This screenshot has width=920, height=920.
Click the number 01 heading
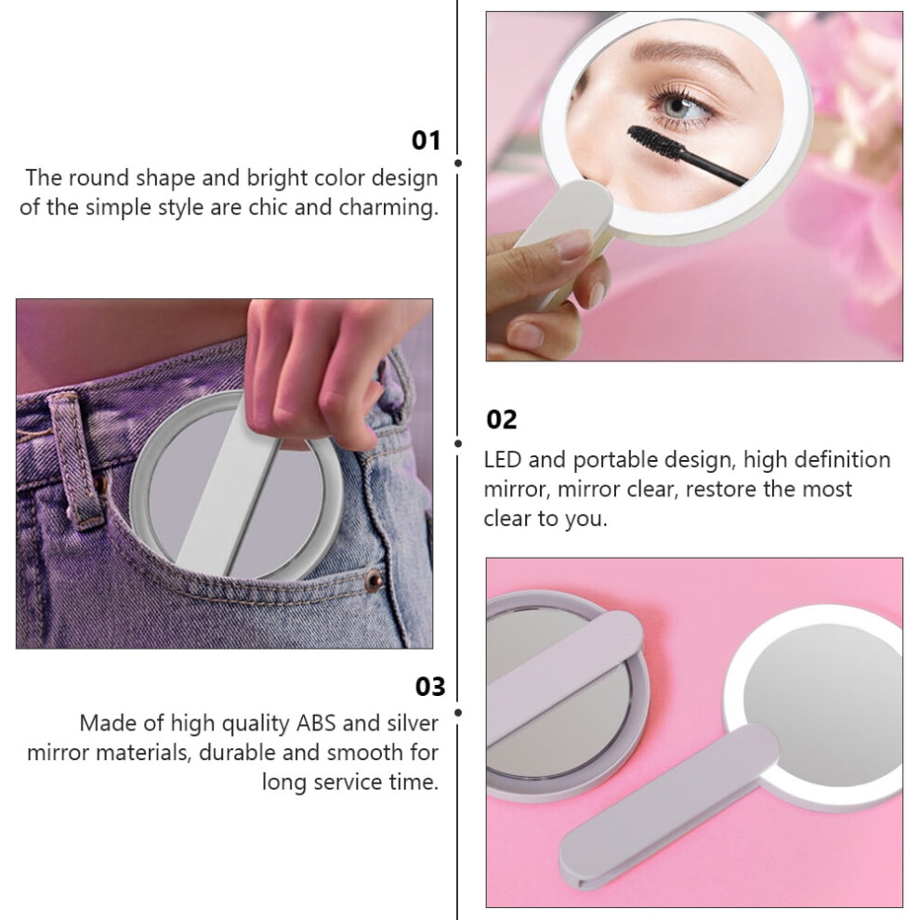tap(426, 141)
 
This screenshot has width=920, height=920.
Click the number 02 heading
tap(501, 420)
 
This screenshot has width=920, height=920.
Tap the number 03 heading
tap(430, 687)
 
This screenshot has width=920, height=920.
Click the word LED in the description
tap(502, 459)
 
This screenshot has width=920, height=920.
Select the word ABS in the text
tap(316, 723)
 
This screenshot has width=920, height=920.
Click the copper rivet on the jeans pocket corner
tap(374, 581)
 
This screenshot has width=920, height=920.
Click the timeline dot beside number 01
tap(457, 164)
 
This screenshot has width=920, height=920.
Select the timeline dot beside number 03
tap(457, 712)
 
